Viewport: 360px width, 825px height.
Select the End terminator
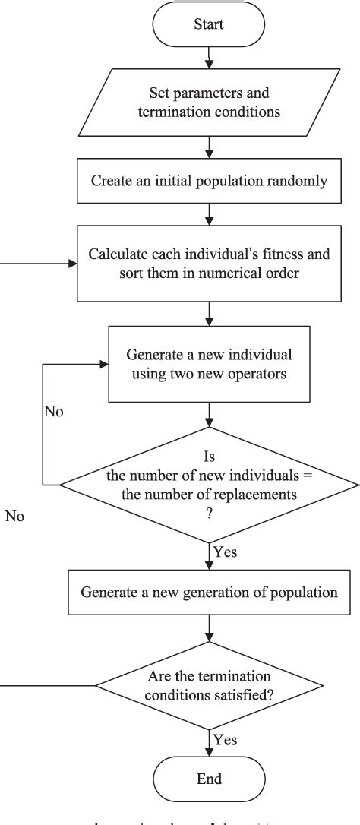coord(209,779)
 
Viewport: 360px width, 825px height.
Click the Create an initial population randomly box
coord(209,181)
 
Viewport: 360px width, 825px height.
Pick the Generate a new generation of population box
coord(209,592)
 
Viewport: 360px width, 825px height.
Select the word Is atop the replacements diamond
coord(209,458)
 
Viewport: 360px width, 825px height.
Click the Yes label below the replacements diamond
coord(226,552)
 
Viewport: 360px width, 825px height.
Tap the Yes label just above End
coord(226,738)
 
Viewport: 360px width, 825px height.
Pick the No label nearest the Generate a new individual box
coord(53,413)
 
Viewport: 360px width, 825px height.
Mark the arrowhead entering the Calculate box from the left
coord(74,264)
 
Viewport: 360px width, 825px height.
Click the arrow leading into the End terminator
coord(209,743)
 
